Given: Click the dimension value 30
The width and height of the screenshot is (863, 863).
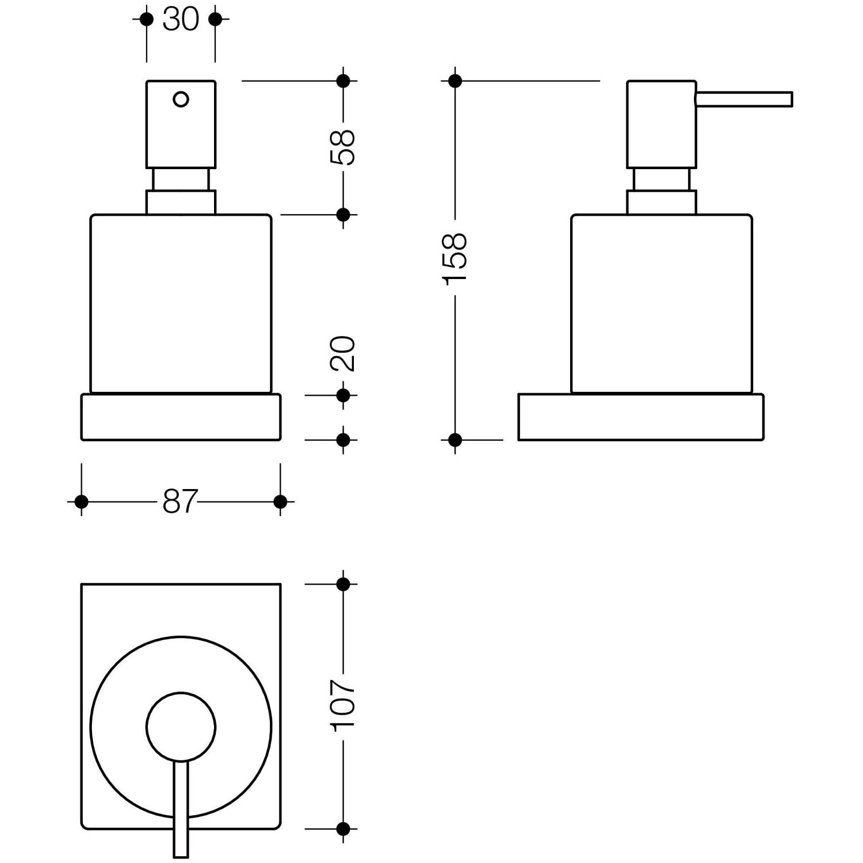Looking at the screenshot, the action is [181, 20].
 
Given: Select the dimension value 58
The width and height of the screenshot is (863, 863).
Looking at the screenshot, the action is [343, 147].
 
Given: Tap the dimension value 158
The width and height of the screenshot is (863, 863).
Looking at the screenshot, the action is [455, 257].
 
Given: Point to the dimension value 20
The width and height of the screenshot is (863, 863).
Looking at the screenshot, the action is [343, 353].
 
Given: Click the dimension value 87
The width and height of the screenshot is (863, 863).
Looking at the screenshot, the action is [180, 502].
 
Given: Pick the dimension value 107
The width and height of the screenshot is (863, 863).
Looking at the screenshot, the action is [343, 706].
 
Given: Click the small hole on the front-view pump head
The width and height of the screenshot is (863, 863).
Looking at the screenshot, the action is [181, 100].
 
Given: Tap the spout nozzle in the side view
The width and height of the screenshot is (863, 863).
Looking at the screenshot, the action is [744, 99].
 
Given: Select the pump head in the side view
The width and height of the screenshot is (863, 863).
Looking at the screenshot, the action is [662, 124].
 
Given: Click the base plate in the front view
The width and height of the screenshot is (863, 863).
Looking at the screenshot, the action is [181, 417].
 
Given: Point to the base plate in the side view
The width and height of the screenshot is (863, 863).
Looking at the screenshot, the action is [641, 417].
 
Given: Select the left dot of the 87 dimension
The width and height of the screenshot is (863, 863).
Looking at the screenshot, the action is [81, 502].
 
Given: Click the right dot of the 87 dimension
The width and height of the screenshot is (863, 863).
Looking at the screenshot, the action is [280, 502].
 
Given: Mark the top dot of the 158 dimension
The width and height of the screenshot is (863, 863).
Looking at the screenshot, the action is [455, 81].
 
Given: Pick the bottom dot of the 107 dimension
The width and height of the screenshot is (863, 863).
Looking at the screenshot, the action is [343, 829].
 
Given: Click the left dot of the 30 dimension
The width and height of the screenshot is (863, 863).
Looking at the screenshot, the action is [147, 20].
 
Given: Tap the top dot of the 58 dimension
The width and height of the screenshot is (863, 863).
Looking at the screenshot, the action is [343, 81].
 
